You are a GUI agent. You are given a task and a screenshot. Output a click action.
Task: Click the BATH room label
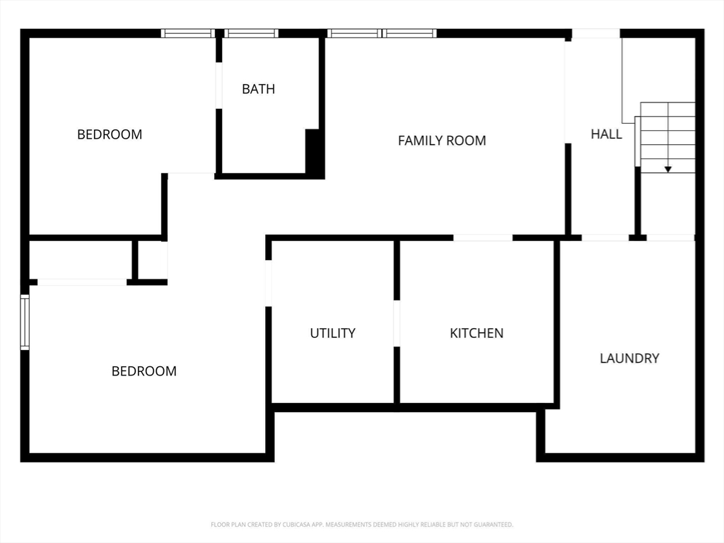click(x=258, y=89)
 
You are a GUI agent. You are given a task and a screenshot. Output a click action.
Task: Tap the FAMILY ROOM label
click(x=442, y=141)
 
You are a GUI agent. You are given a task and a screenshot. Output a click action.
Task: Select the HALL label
click(x=607, y=134)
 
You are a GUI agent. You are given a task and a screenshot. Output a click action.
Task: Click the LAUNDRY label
click(x=629, y=358)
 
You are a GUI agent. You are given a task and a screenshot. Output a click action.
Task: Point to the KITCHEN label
click(x=477, y=333)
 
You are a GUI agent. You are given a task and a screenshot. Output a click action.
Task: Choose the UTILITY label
click(x=332, y=333)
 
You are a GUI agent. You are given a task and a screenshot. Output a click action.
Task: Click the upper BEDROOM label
click(x=110, y=134)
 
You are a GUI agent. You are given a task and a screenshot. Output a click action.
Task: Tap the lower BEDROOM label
click(x=144, y=371)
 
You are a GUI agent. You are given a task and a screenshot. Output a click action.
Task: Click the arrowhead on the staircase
click(x=667, y=169)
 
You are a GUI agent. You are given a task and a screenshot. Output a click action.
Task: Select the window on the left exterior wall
click(x=25, y=322)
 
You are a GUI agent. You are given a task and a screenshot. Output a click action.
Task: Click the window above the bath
click(x=252, y=33)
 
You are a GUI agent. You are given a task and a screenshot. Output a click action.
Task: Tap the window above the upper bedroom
click(x=187, y=33)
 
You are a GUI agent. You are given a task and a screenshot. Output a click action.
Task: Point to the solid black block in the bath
click(x=313, y=152)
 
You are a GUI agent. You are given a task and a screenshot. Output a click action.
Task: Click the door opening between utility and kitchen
click(x=397, y=323)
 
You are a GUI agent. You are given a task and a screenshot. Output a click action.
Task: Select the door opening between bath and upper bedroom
click(x=219, y=86)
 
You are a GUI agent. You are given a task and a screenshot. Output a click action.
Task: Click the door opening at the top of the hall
click(x=595, y=33)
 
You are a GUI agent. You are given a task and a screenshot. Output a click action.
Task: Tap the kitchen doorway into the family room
click(x=483, y=238)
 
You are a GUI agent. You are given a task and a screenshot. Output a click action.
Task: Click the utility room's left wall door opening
click(x=269, y=283)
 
